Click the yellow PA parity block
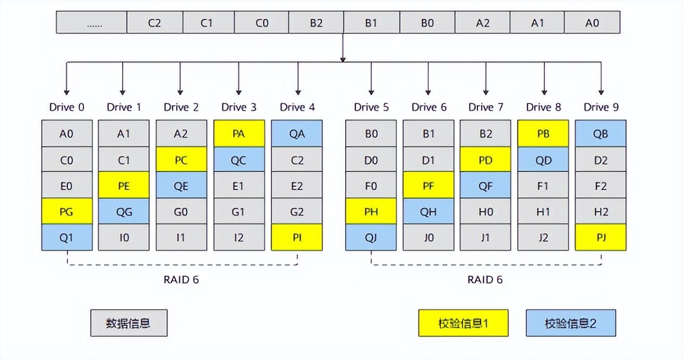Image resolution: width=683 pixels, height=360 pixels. (x=239, y=133)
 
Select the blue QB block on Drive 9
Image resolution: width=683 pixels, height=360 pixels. (x=600, y=133)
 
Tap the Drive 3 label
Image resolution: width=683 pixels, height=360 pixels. (x=239, y=107)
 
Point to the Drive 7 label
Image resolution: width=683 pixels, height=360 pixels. (x=485, y=107)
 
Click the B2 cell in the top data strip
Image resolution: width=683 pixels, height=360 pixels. (x=316, y=22)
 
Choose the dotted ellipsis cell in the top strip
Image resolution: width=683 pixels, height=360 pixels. (x=91, y=22)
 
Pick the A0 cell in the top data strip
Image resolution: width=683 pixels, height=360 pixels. (x=592, y=22)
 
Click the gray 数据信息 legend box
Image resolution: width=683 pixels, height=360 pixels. (x=129, y=323)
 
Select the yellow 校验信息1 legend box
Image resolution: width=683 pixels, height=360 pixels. (x=463, y=323)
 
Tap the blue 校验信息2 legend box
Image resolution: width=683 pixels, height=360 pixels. (x=571, y=323)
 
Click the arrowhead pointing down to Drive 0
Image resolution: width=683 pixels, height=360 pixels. (x=66, y=92)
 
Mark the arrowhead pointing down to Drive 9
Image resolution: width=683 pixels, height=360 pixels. (x=601, y=92)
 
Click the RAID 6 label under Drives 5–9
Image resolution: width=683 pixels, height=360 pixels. (x=485, y=279)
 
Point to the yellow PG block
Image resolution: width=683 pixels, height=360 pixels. (x=67, y=211)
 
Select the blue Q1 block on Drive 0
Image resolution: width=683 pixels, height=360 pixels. (x=67, y=237)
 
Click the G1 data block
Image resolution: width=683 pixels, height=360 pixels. (x=239, y=211)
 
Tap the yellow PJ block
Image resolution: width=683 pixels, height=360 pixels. (x=600, y=237)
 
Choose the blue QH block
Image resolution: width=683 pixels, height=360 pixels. (x=428, y=211)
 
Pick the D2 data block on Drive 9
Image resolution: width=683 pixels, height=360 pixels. (x=600, y=159)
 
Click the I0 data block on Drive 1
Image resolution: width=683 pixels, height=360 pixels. (x=124, y=237)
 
